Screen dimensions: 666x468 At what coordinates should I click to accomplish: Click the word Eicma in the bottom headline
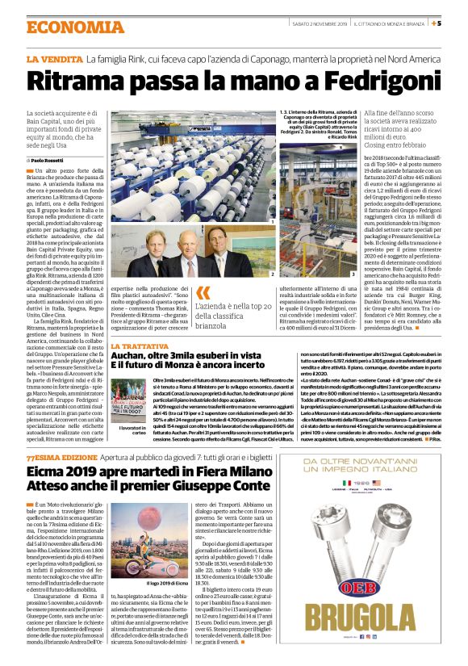point(49,472)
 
